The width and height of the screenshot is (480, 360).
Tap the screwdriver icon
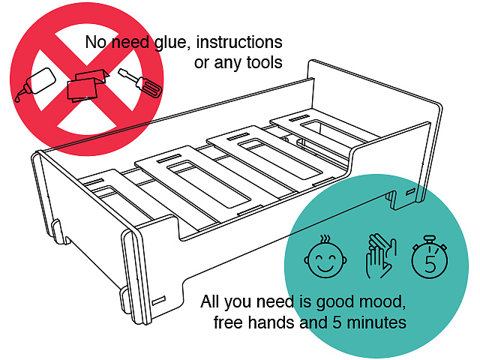140,84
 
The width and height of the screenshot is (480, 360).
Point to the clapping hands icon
378,257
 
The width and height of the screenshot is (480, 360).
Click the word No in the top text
96,42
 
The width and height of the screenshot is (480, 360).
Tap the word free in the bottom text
228,323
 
